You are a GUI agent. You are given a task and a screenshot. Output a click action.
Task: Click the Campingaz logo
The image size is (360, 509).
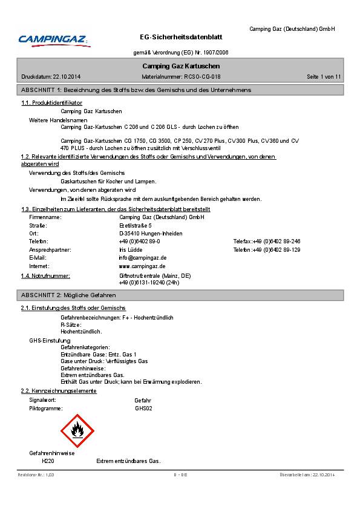click(54, 40)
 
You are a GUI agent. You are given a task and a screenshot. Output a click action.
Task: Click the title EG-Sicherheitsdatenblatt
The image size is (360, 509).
click(181, 37)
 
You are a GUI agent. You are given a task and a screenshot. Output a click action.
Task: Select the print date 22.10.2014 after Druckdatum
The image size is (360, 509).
click(67, 77)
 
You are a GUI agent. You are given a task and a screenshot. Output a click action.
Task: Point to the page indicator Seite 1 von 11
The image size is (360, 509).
click(324, 77)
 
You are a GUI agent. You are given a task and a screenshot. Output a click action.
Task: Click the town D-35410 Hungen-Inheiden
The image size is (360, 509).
click(151, 234)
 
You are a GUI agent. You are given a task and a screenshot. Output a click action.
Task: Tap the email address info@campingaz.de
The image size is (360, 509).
click(143, 258)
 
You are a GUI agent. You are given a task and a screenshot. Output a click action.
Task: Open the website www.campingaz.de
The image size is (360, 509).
click(142, 266)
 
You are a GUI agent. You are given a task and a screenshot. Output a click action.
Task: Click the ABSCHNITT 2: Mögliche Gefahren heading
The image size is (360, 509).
click(68, 295)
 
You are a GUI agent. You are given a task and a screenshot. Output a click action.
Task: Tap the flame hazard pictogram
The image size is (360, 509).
click(77, 431)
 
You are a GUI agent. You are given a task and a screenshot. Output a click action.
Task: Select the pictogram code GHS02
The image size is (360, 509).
click(143, 409)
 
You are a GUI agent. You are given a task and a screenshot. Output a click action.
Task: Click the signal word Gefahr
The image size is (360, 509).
click(143, 401)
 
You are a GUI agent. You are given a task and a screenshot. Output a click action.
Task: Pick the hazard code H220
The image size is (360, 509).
click(48, 461)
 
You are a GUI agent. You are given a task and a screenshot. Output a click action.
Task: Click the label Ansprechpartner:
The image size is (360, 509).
click(50, 249)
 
